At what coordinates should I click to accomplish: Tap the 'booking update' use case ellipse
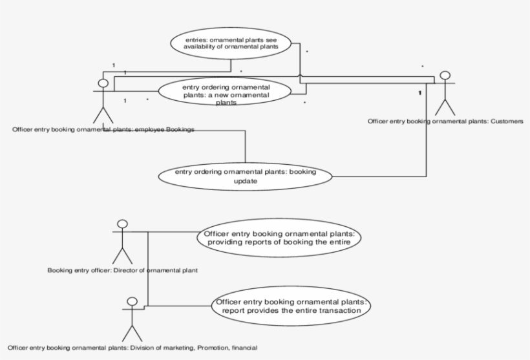click(x=245, y=176)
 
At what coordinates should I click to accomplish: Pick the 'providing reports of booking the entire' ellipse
click(x=279, y=237)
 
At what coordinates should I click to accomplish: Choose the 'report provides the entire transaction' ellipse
click(x=292, y=306)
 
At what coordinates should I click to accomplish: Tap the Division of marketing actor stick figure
click(x=132, y=319)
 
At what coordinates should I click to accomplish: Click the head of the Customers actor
click(x=445, y=76)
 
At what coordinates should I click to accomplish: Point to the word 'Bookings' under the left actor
click(x=180, y=129)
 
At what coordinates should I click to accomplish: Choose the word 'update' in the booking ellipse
click(x=246, y=182)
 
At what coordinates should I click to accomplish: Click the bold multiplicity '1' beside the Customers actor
click(x=419, y=94)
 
